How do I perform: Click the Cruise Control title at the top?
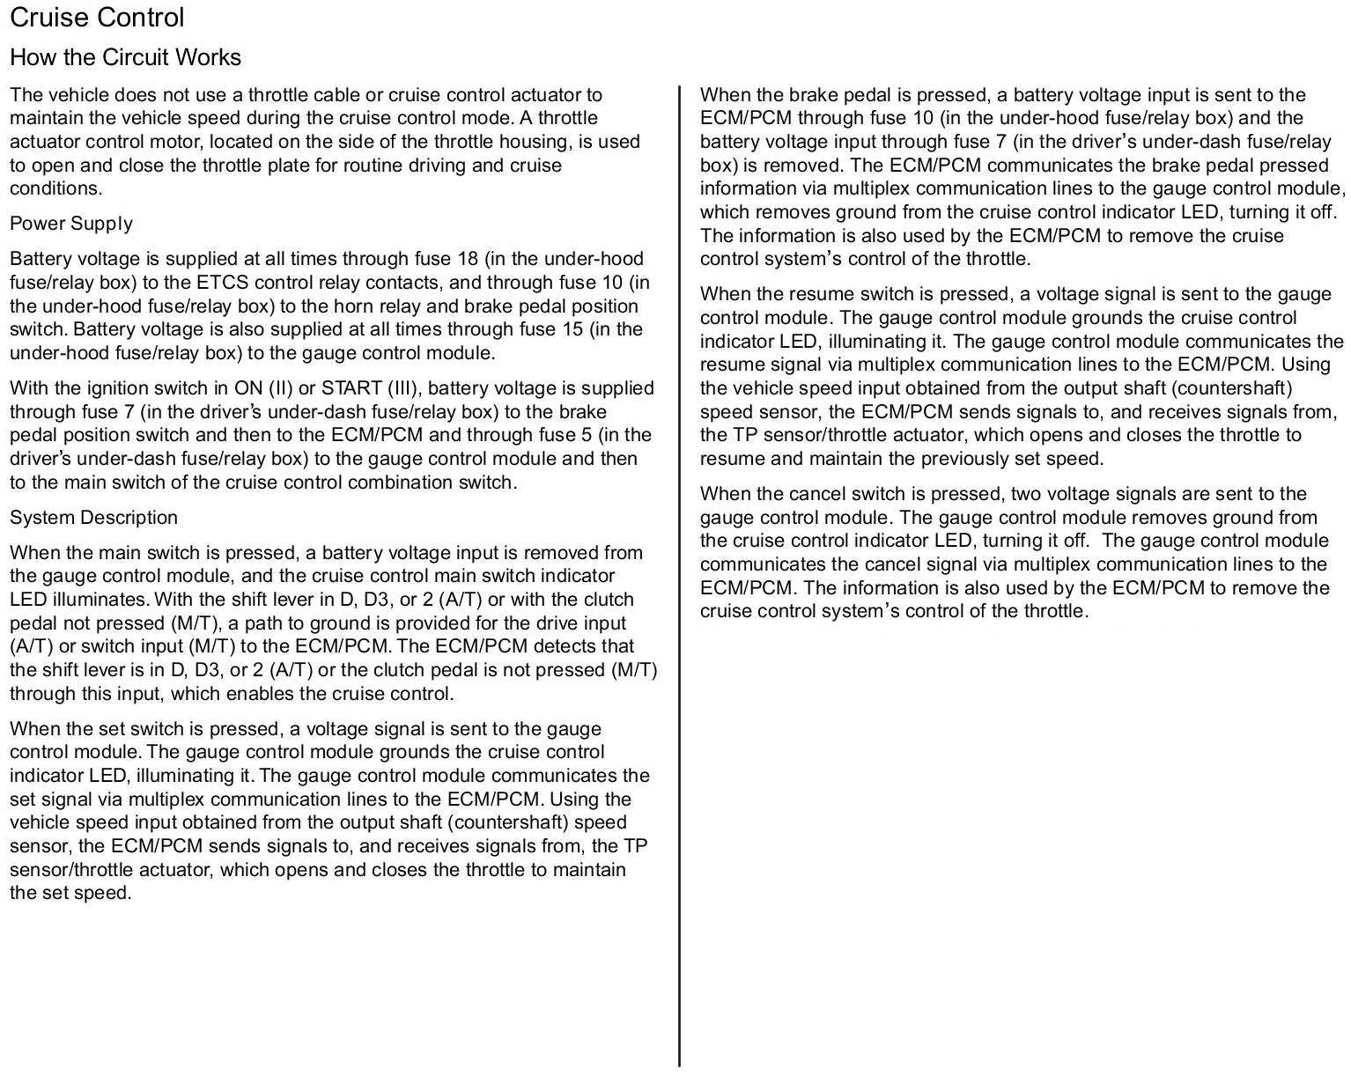pyautogui.click(x=97, y=18)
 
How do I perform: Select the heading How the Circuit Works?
pyautogui.click(x=125, y=57)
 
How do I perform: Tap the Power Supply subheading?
pyautogui.click(x=70, y=224)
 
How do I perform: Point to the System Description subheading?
pyautogui.click(x=93, y=518)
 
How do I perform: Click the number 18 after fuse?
pyautogui.click(x=468, y=259)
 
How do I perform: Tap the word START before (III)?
pyautogui.click(x=351, y=388)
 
